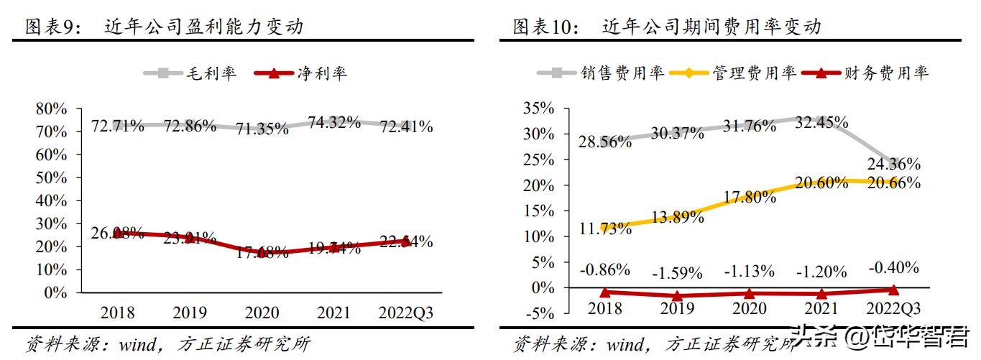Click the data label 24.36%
(x=894, y=165)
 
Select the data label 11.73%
(x=604, y=229)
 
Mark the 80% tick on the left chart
(x=51, y=109)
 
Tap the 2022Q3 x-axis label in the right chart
(x=894, y=308)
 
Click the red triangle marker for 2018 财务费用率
(x=605, y=292)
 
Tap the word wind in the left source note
(x=133, y=343)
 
